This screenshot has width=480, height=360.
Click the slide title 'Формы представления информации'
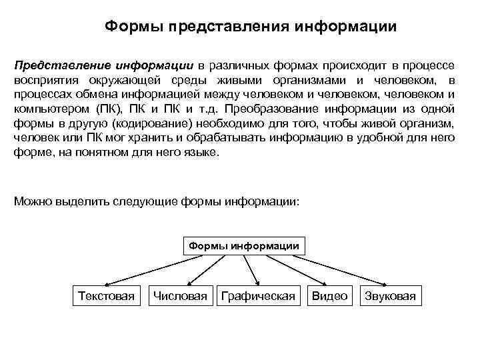(x=251, y=27)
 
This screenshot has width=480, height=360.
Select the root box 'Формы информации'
(x=244, y=246)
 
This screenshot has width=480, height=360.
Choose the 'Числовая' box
(x=180, y=296)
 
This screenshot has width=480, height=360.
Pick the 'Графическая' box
(x=257, y=296)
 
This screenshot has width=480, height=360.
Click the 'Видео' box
(x=329, y=296)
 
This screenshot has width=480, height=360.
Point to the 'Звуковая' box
(x=390, y=296)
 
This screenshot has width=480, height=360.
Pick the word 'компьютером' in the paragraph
(x=49, y=109)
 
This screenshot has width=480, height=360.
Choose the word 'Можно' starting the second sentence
(x=31, y=201)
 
